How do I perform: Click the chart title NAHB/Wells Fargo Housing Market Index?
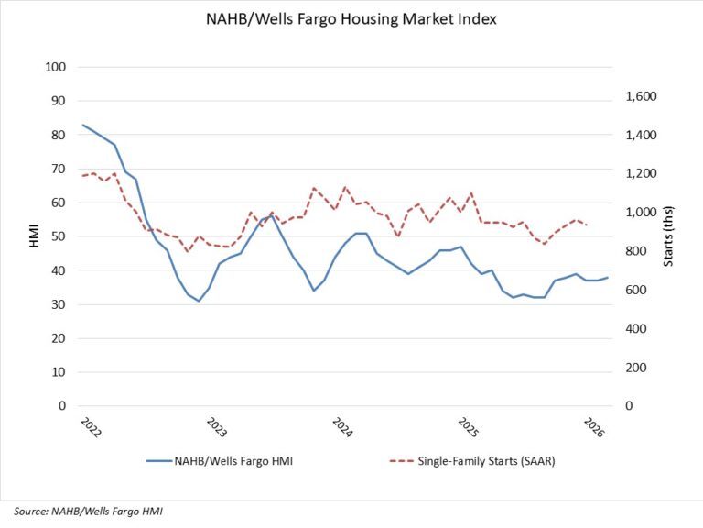[351, 20]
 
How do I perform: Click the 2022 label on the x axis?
[88, 428]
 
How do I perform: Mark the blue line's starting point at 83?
[82, 125]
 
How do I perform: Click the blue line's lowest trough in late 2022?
[199, 301]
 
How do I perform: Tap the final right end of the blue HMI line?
[608, 277]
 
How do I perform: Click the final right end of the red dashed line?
[587, 225]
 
